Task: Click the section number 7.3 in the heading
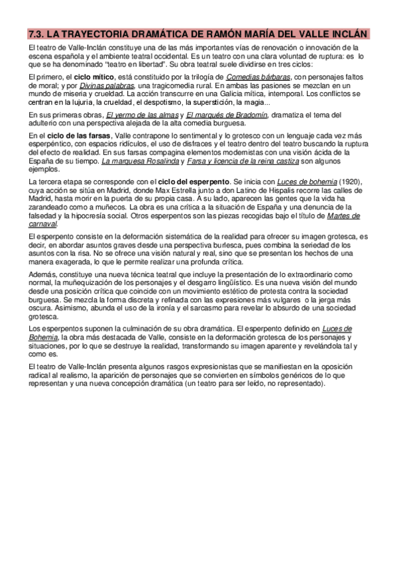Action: tap(37, 34)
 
